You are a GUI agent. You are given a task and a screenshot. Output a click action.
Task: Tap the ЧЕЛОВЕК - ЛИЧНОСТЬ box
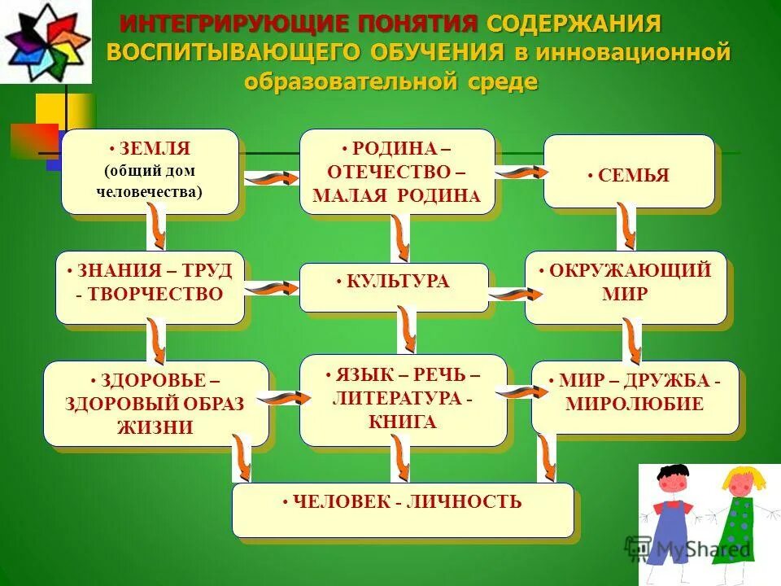pos(403,509)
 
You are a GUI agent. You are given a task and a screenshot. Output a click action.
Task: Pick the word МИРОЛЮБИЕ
pos(635,403)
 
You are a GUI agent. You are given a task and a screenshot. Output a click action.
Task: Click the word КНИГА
pos(403,422)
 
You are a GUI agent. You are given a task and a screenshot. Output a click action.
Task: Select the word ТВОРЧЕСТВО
pos(155,294)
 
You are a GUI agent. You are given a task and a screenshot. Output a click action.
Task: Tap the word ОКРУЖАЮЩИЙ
pos(630,270)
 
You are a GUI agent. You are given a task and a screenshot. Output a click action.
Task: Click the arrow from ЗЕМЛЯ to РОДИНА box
pos(270,177)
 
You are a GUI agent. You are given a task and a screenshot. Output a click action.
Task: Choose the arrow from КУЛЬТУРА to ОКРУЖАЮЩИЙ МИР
pos(508,294)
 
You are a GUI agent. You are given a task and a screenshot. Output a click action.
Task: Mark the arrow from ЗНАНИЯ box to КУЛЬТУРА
pos(272,287)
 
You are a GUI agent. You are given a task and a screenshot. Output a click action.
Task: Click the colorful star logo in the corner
pos(45,41)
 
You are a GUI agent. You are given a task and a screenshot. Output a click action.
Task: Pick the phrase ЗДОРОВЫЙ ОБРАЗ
pos(155,404)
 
